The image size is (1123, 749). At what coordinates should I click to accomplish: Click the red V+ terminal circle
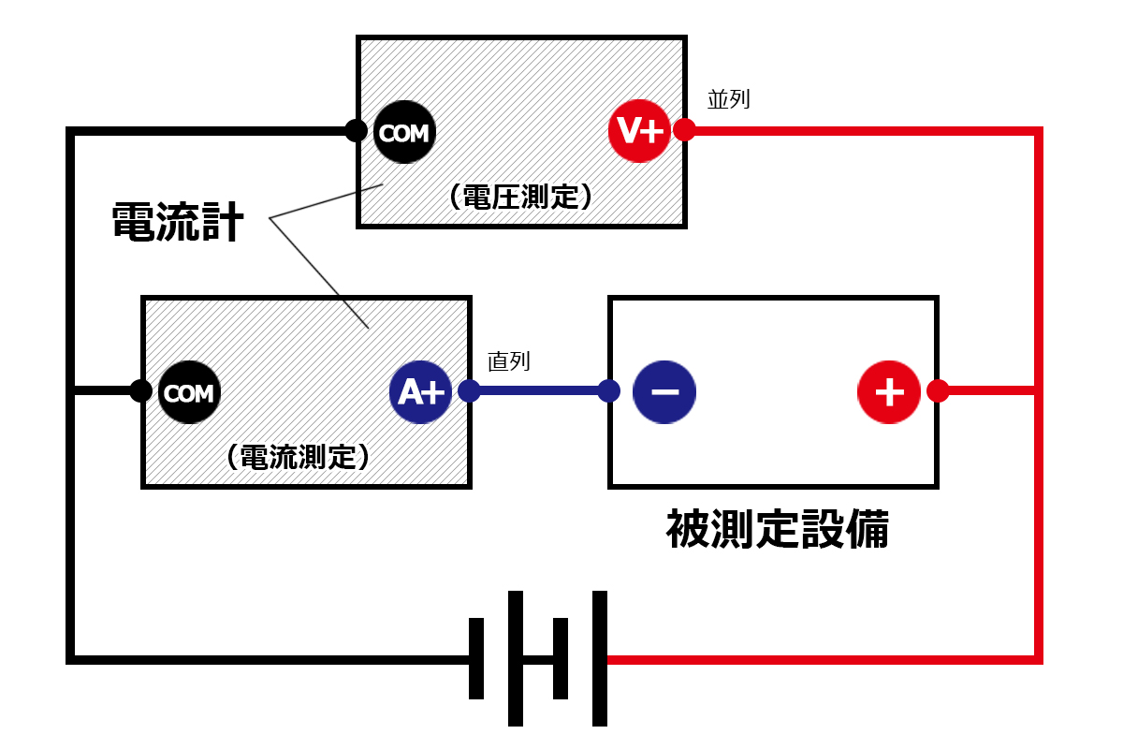pyautogui.click(x=639, y=131)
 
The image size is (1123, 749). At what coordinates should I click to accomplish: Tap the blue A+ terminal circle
pyautogui.click(x=421, y=392)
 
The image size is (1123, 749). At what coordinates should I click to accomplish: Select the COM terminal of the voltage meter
pyautogui.click(x=404, y=132)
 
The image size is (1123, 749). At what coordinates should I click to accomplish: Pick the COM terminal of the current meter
pyautogui.click(x=189, y=392)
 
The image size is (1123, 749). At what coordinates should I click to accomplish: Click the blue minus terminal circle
pyautogui.click(x=664, y=390)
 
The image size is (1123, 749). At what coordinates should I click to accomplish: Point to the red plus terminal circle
pyautogui.click(x=889, y=390)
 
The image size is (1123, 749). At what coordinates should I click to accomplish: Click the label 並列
pyautogui.click(x=729, y=99)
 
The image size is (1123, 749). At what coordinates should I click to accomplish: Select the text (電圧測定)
pyautogui.click(x=520, y=196)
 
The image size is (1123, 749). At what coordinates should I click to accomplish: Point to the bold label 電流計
pyautogui.click(x=178, y=224)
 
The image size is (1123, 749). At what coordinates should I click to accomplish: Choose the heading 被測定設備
pyautogui.click(x=778, y=530)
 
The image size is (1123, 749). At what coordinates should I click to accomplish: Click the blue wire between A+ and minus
pyautogui.click(x=539, y=391)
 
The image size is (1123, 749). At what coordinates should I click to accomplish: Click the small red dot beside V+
pyautogui.click(x=684, y=130)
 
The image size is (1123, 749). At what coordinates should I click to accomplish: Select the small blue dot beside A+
pyautogui.click(x=469, y=391)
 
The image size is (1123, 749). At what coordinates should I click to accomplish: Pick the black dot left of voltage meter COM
pyautogui.click(x=356, y=131)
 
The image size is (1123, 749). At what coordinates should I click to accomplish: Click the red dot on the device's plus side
pyautogui.click(x=938, y=391)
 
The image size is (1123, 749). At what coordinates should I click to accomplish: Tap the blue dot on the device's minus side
pyautogui.click(x=609, y=391)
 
